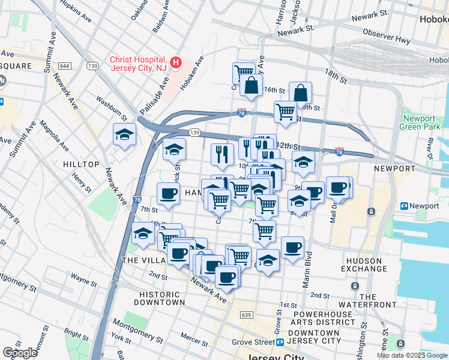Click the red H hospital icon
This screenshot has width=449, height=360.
(176, 62)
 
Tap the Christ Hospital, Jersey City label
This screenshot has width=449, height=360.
(138, 64)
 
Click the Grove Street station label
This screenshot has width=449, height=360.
(253, 343)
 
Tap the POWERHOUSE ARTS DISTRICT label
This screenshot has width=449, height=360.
(324, 317)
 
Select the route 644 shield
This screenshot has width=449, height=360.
(65, 65)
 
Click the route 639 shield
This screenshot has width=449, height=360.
(245, 314)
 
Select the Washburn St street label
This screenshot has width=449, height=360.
(112, 106)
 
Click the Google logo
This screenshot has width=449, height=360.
(20, 352)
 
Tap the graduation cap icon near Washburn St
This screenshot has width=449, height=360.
(124, 134)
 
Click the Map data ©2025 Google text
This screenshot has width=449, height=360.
(411, 355)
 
